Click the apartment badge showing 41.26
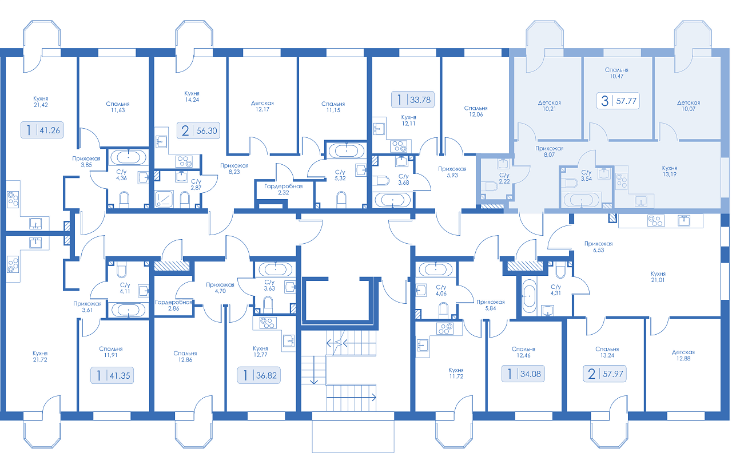[x=42, y=130]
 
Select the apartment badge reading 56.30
[x=198, y=131]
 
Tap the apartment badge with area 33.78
[x=413, y=100]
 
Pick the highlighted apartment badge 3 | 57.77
[x=618, y=101]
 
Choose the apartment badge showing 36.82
[x=259, y=375]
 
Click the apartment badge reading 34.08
[x=523, y=374]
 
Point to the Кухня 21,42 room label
[x=41, y=102]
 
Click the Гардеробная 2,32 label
[x=283, y=189]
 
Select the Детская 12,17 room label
[x=262, y=106]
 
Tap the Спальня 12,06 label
[x=476, y=111]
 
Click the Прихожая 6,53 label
[x=598, y=247]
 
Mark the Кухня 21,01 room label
[x=658, y=277]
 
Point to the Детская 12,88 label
[x=683, y=355]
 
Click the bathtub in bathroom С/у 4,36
[x=128, y=157]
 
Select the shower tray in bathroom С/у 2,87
[x=164, y=199]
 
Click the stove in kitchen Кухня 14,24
[x=184, y=161]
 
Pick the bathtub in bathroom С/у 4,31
[x=529, y=296]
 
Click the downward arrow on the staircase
[x=314, y=370]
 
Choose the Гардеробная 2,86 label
[x=173, y=305]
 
